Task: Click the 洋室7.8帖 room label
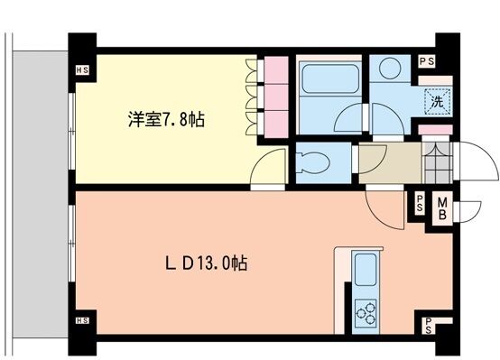[166, 119]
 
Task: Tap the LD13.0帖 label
[206, 263]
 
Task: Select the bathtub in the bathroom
[330, 78]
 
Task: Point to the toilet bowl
[313, 163]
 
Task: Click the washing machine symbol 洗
[437, 102]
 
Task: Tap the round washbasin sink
[391, 69]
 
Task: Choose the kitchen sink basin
[366, 270]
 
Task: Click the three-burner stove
[366, 313]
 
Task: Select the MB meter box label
[442, 208]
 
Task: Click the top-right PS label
[427, 61]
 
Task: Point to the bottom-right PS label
[429, 325]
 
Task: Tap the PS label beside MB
[420, 203]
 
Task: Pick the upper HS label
[82, 69]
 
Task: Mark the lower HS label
[82, 320]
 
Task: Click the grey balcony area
[41, 194]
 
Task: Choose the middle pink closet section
[276, 97]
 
